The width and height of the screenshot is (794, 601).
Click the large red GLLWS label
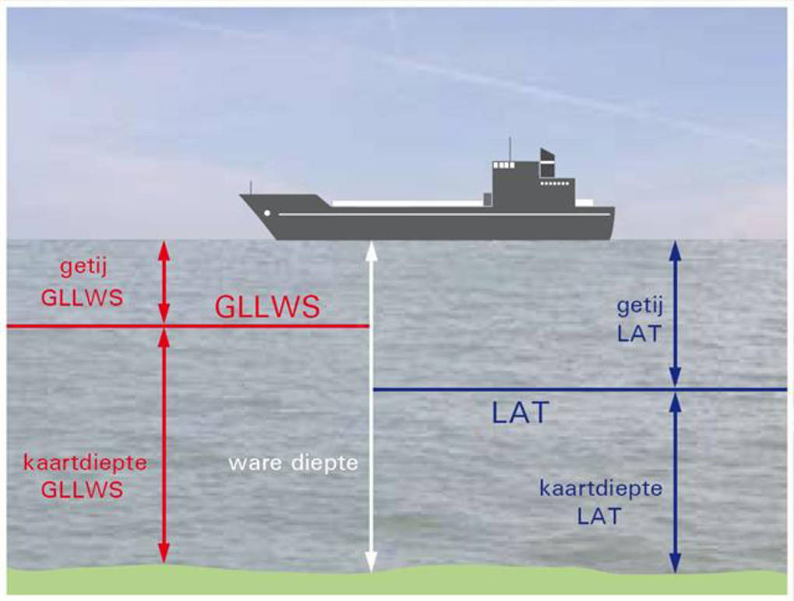coord(267,306)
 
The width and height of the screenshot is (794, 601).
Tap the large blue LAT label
coord(521,413)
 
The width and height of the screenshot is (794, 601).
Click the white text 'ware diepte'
coord(293,462)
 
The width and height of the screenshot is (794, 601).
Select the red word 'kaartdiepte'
coord(86,462)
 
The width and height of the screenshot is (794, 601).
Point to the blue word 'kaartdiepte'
coord(601,489)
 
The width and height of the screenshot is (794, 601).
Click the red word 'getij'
coord(83,267)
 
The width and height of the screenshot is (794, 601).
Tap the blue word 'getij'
coord(640,307)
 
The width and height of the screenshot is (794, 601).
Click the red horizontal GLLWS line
coord(188,326)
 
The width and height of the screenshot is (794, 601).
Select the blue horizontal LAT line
coord(580,389)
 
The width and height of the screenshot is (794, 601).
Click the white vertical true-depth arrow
coord(371,406)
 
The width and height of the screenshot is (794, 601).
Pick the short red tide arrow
coord(163,282)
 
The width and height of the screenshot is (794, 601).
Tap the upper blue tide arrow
coord(675,314)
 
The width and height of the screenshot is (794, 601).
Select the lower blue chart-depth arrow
coord(675,483)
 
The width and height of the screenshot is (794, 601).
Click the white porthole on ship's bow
coord(267,213)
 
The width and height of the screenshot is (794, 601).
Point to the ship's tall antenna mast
coord(510,149)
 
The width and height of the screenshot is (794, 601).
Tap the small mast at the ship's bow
coord(251,188)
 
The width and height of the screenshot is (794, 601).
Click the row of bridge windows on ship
coord(504,165)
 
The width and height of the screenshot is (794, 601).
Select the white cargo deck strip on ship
coord(407,203)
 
